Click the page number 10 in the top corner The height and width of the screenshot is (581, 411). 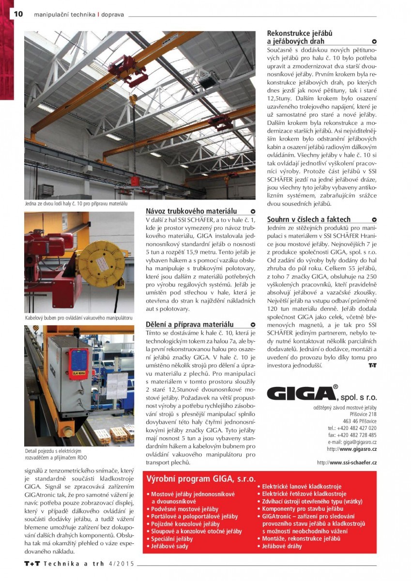click(x=18, y=14)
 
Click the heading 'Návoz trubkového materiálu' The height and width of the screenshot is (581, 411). click(x=191, y=211)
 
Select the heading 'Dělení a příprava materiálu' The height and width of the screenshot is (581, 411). click(x=190, y=324)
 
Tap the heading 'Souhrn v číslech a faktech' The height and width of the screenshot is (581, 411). click(x=309, y=219)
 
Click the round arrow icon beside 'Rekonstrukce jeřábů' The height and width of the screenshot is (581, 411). click(x=374, y=42)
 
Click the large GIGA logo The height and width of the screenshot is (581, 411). click(x=300, y=393)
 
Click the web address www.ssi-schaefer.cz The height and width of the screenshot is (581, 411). click(x=347, y=462)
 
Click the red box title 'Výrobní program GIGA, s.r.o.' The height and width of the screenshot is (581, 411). click(x=201, y=479)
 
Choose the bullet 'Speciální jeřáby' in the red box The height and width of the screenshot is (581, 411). click(x=171, y=538)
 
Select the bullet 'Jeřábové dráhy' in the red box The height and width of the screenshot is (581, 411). click(x=281, y=546)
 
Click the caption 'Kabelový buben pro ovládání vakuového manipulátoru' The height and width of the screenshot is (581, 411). click(x=78, y=318)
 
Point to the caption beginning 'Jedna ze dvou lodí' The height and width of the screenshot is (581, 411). click(x=76, y=204)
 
